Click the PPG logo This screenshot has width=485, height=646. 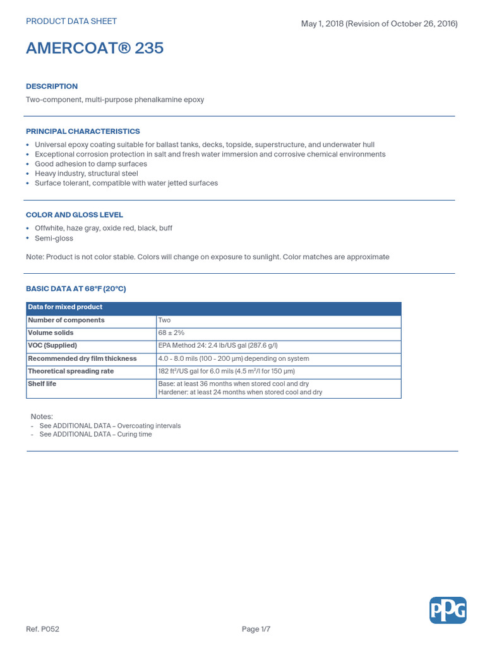448,610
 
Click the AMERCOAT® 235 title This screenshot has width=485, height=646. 95,48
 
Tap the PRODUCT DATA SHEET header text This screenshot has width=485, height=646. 71,21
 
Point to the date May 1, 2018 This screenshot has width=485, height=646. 321,24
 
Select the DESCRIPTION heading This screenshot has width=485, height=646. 52,86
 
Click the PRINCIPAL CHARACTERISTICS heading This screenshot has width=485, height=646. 83,131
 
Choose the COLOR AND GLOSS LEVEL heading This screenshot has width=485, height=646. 75,215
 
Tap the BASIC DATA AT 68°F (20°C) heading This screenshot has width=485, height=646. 76,288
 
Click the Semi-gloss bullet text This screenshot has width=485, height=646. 54,238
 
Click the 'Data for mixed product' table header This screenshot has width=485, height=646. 65,307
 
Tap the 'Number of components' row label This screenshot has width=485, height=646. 66,320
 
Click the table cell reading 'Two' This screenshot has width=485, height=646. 164,320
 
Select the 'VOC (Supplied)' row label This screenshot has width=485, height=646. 52,346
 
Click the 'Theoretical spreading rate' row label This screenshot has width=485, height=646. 71,372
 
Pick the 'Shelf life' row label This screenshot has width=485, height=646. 42,384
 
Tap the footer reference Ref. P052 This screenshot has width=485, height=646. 42,629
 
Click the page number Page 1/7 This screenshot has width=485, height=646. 256,629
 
